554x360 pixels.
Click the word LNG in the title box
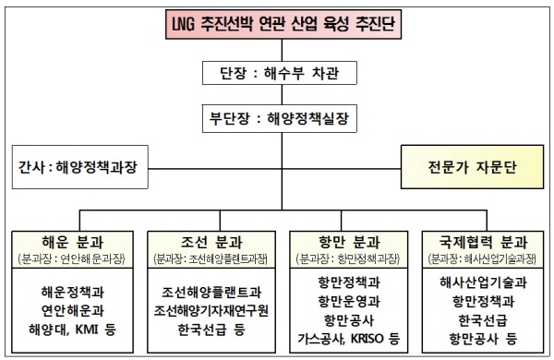(x=179, y=22)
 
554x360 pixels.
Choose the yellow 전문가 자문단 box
(x=468, y=167)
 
